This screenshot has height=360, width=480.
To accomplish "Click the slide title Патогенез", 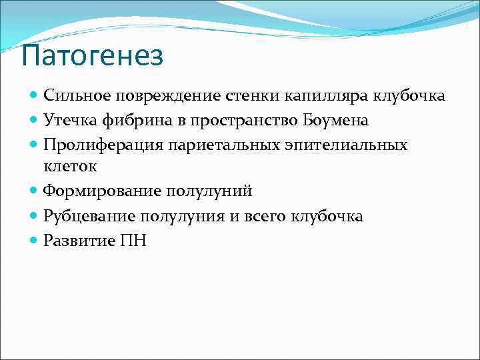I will [92, 57].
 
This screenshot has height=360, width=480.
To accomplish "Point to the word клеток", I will [69, 167].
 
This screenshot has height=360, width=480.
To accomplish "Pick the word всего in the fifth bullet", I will [262, 217].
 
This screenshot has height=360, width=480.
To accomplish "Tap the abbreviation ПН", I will [133, 241].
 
